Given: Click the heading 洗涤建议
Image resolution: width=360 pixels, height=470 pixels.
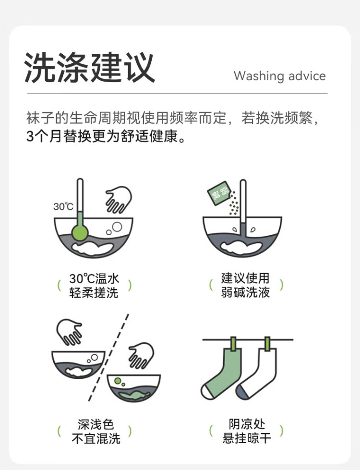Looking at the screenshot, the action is pyautogui.click(x=89, y=67).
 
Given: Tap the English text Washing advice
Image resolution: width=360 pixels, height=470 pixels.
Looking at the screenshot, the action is pyautogui.click(x=280, y=76).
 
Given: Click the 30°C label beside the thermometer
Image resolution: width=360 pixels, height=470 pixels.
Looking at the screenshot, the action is pyautogui.click(x=63, y=206).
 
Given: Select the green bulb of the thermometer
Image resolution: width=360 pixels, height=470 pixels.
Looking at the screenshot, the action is pyautogui.click(x=80, y=232).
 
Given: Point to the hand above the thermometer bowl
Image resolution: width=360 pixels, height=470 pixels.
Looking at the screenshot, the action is pyautogui.click(x=119, y=200).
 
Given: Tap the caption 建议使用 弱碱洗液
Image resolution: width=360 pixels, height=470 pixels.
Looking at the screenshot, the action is pyautogui.click(x=245, y=285).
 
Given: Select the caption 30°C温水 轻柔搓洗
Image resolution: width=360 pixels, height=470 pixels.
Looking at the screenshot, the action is pyautogui.click(x=94, y=286).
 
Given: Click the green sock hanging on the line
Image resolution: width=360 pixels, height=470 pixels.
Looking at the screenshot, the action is pyautogui.click(x=222, y=373).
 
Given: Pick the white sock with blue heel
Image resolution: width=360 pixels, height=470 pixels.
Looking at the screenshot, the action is pyautogui.click(x=258, y=374).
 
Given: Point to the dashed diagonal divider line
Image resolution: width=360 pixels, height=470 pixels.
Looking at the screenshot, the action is pyautogui.click(x=109, y=358).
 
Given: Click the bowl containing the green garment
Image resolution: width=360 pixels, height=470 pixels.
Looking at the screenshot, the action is pyautogui.click(x=134, y=388).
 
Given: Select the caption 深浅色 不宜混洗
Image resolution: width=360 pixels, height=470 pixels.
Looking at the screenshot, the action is pyautogui.click(x=96, y=431).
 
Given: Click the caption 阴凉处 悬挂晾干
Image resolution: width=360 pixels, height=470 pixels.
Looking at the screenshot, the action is pyautogui.click(x=247, y=431).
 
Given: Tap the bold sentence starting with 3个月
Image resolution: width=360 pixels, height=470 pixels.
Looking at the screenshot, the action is pyautogui.click(x=106, y=136).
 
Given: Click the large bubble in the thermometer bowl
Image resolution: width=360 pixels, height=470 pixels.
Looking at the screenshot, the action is pyautogui.click(x=117, y=227).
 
